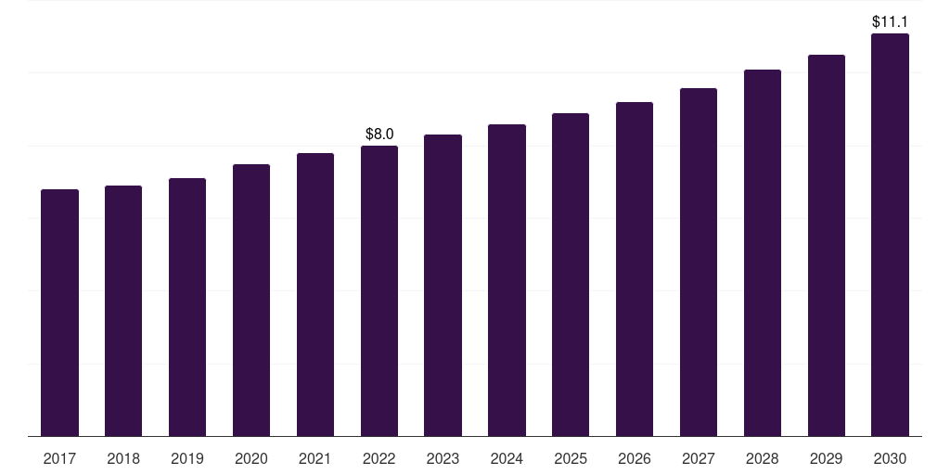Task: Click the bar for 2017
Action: click(59, 313)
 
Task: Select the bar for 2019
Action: click(187, 307)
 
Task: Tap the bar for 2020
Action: click(251, 301)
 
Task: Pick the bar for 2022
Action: click(379, 290)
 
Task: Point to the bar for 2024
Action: click(507, 280)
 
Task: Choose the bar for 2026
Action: click(635, 269)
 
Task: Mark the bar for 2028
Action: click(763, 253)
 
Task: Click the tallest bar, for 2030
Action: click(890, 235)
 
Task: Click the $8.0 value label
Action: click(379, 134)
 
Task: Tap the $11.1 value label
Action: click(890, 22)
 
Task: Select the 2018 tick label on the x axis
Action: click(123, 459)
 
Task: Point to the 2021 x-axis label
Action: click(315, 459)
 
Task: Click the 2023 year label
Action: click(443, 459)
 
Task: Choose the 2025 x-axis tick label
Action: click(571, 459)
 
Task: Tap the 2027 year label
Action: click(699, 459)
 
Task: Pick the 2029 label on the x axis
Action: click(827, 459)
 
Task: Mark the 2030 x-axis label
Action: click(890, 459)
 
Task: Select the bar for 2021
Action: click(315, 295)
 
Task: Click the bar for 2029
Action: click(827, 245)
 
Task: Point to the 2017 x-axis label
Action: click(59, 459)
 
